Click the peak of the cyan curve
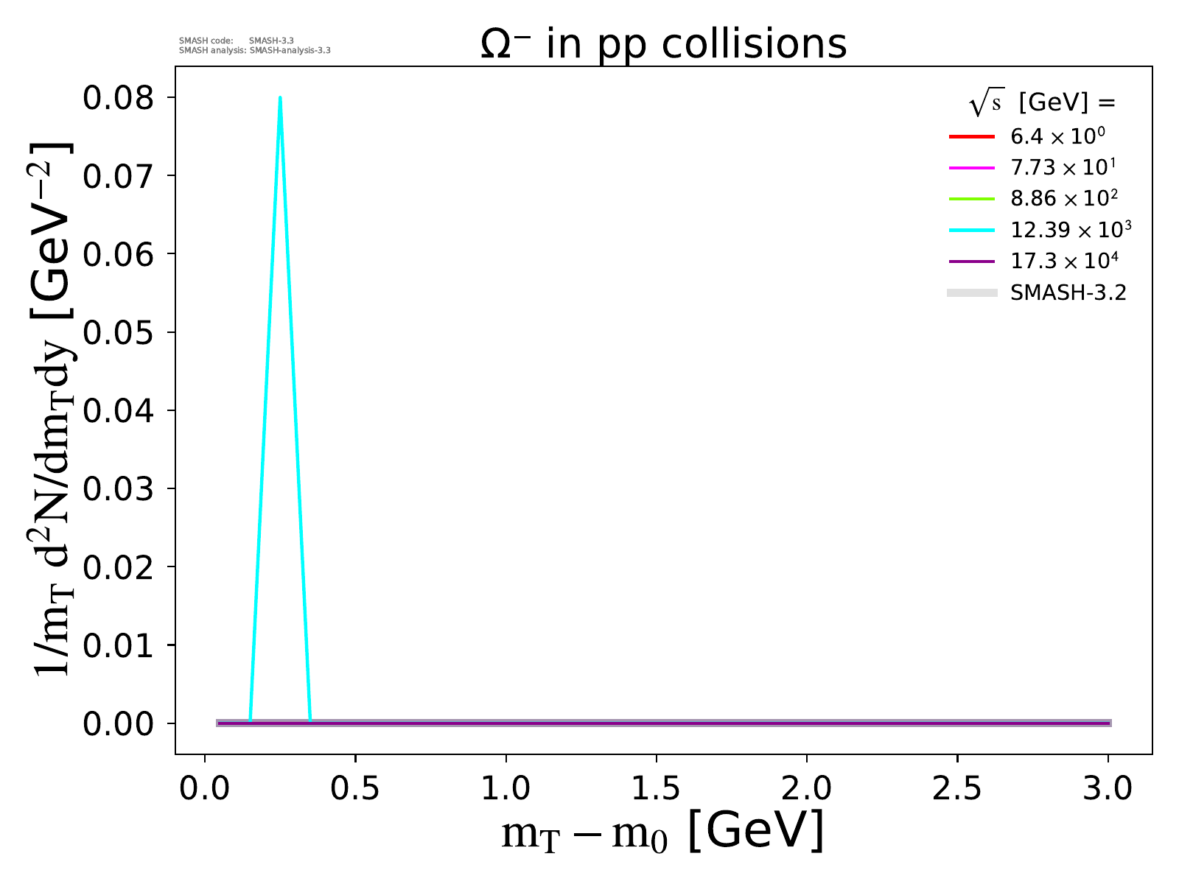tap(280, 98)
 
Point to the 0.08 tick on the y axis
tap(119, 98)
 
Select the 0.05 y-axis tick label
tap(119, 332)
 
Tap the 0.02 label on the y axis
tap(119, 567)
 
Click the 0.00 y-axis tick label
tap(119, 723)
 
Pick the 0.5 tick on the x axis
tap(355, 788)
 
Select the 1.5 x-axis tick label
tap(656, 788)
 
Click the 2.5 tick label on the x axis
tap(957, 788)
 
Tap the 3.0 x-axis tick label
tap(1108, 788)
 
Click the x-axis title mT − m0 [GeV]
tap(663, 832)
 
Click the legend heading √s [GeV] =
tap(1042, 103)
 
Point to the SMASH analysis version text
tap(255, 51)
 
